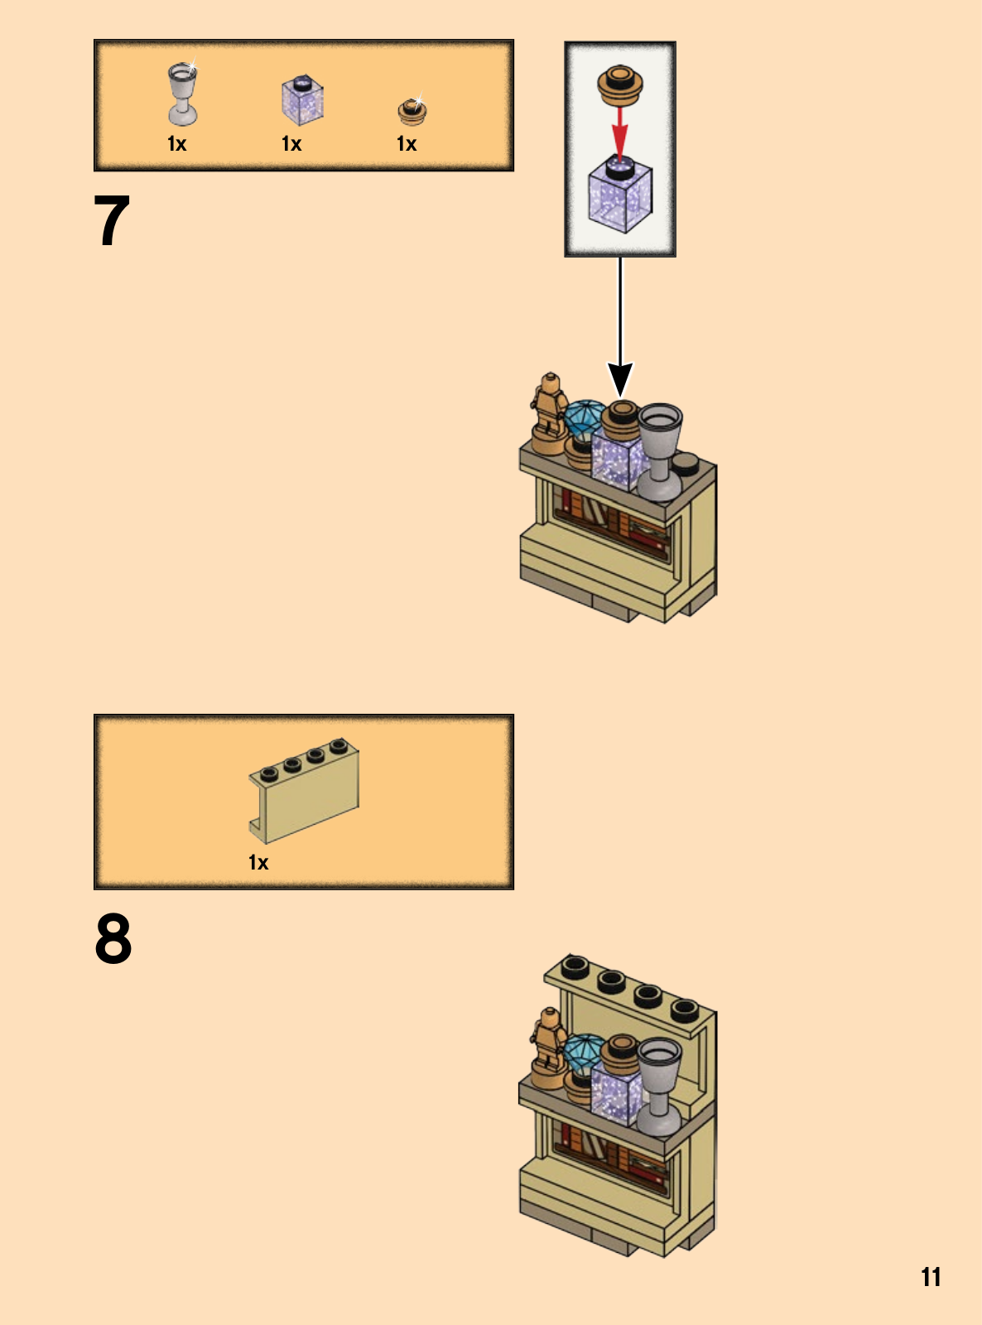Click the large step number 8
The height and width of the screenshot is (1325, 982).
[x=113, y=938]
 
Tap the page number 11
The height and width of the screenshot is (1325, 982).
[x=931, y=1277]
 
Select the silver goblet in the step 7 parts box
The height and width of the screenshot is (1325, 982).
[x=182, y=93]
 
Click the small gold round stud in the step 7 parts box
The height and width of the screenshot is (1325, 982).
[x=412, y=110]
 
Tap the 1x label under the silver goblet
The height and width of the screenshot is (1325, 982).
[x=176, y=144]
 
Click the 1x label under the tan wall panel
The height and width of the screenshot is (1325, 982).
[x=258, y=863]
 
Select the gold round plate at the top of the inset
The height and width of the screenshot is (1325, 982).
[x=620, y=85]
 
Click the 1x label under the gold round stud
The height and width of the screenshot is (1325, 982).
[x=407, y=144]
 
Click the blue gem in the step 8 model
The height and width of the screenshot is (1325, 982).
[x=584, y=1053]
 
